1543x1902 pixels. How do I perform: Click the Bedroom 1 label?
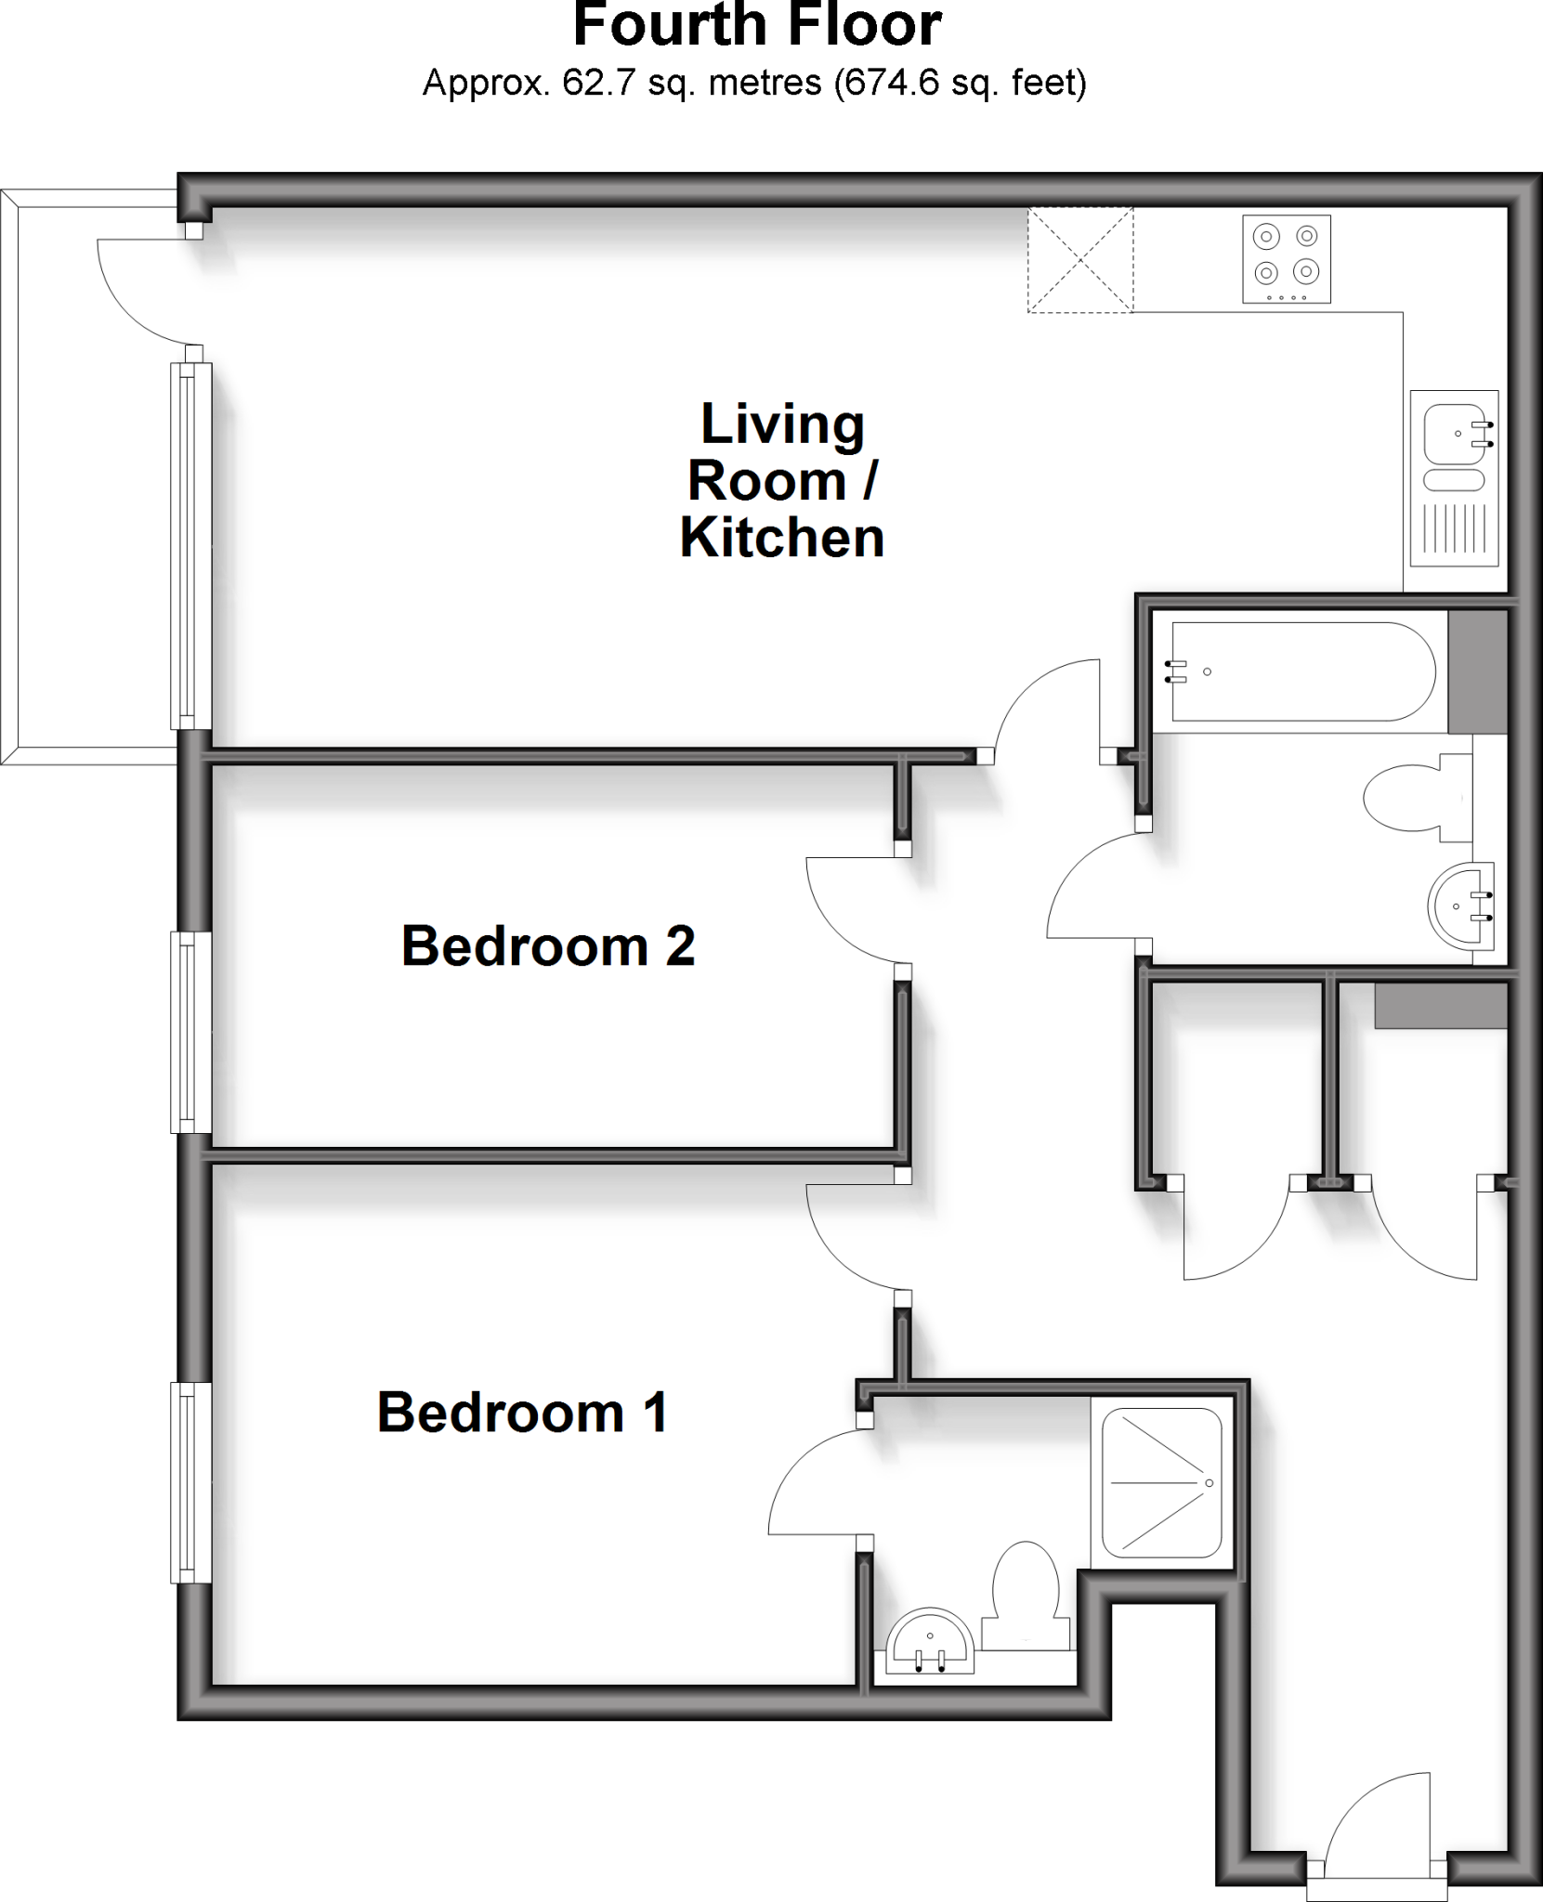click(x=522, y=1413)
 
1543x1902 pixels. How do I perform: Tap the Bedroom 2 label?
click(x=548, y=946)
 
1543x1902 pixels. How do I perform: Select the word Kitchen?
click(x=781, y=538)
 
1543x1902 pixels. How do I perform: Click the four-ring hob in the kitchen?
click(x=1286, y=259)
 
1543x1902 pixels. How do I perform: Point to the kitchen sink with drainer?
click(x=1454, y=478)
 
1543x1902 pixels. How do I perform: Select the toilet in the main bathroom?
click(x=1417, y=797)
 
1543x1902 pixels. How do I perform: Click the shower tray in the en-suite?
click(x=1161, y=1483)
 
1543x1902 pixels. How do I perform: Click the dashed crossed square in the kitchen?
click(x=1080, y=260)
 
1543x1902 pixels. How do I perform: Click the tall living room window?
click(x=190, y=546)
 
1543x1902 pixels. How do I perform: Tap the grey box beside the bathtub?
click(x=1477, y=671)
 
